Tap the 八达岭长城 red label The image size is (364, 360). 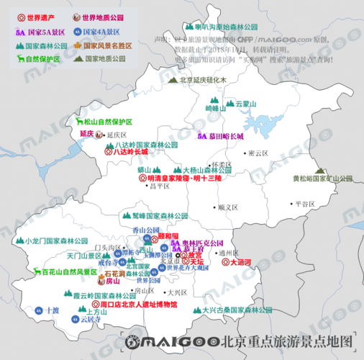pos(129,153)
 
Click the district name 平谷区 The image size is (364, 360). pos(305,204)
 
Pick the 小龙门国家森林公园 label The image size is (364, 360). pos(56,241)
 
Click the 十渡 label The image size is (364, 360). pos(51,310)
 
